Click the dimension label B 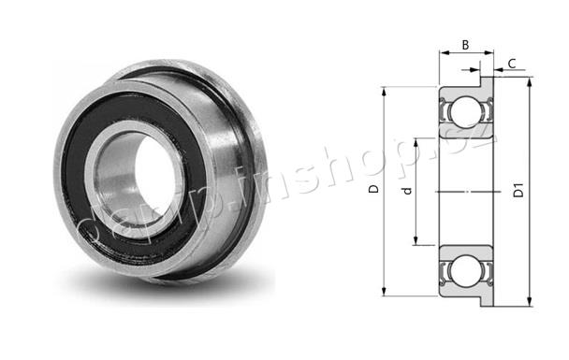click(x=465, y=45)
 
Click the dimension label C click(x=512, y=64)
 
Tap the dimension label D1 click(x=518, y=190)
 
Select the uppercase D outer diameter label click(x=373, y=189)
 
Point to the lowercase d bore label click(x=408, y=191)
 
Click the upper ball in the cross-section click(x=467, y=111)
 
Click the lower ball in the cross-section click(x=467, y=270)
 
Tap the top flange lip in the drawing click(x=488, y=82)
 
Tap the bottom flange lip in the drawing click(x=488, y=301)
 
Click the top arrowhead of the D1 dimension click(x=530, y=82)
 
